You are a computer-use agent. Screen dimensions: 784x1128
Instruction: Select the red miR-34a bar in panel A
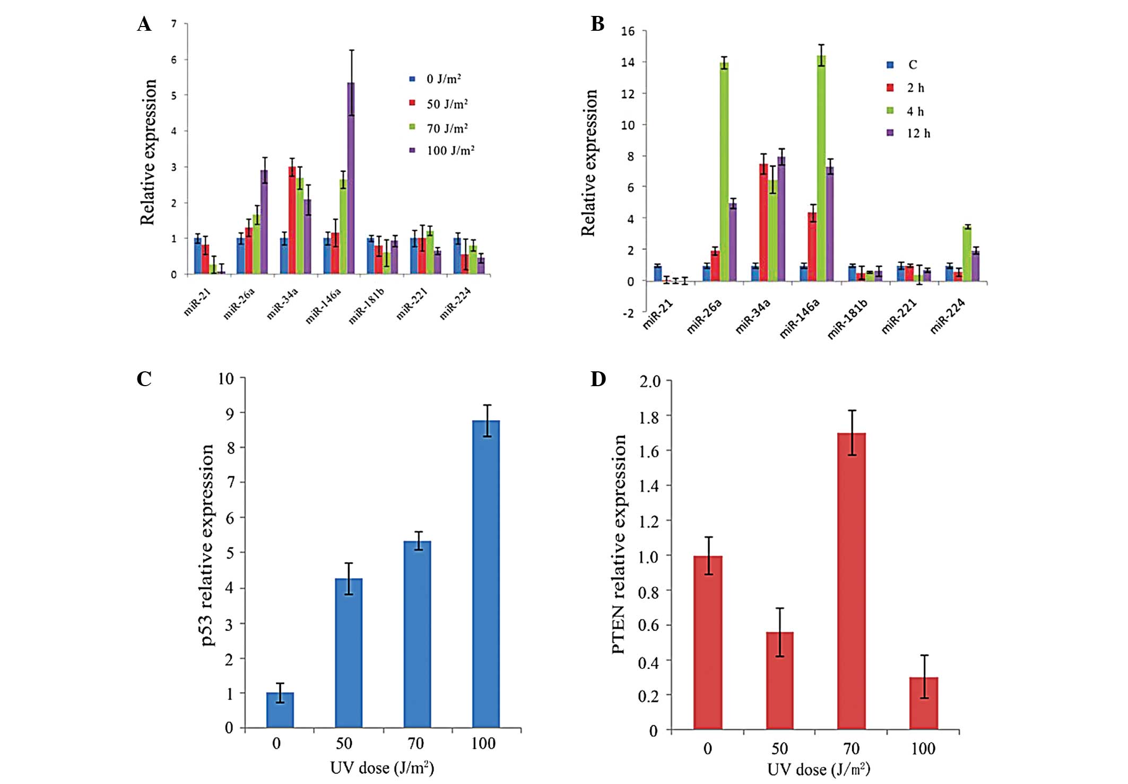tap(292, 220)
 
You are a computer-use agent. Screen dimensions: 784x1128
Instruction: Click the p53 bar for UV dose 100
tap(485, 573)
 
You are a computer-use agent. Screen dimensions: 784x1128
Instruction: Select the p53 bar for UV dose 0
tap(280, 710)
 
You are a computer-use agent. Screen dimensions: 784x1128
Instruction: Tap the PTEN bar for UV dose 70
tap(851, 581)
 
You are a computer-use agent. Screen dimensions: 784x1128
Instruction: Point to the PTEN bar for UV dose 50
tap(779, 681)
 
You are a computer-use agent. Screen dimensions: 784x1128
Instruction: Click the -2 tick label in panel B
tap(628, 313)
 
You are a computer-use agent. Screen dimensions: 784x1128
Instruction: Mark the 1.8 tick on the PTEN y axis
tap(648, 417)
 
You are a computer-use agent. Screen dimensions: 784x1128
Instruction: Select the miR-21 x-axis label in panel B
tap(658, 314)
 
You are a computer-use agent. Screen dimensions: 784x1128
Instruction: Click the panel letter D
tap(598, 379)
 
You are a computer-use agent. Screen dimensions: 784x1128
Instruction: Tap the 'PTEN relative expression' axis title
tap(619, 544)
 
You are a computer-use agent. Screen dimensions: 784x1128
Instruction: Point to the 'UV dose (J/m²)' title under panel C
tap(382, 768)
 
